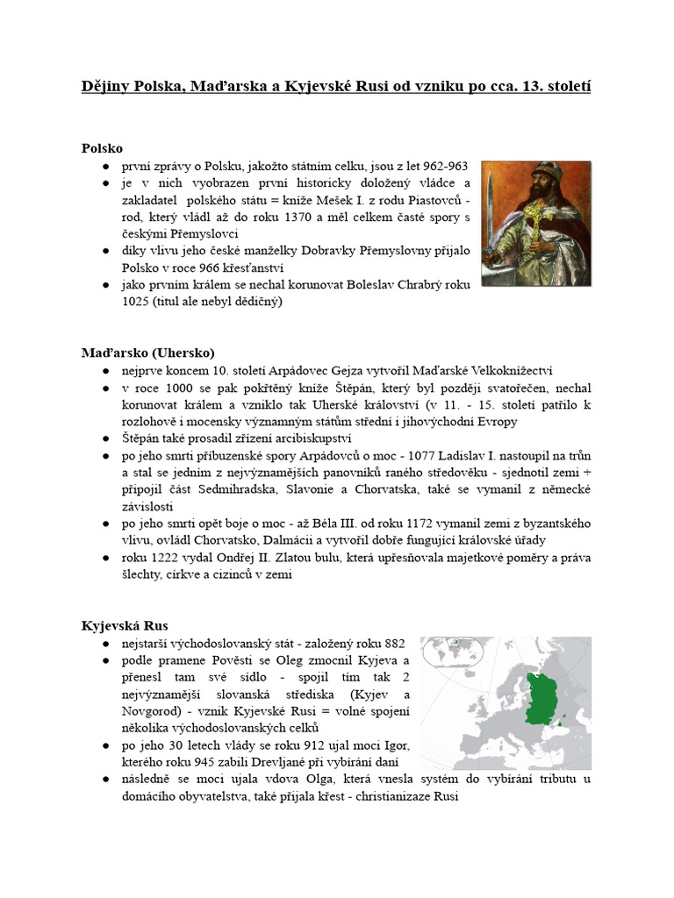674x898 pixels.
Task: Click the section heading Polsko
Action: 103,147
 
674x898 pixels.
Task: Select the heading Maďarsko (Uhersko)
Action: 148,353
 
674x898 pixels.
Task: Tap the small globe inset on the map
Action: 455,655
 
